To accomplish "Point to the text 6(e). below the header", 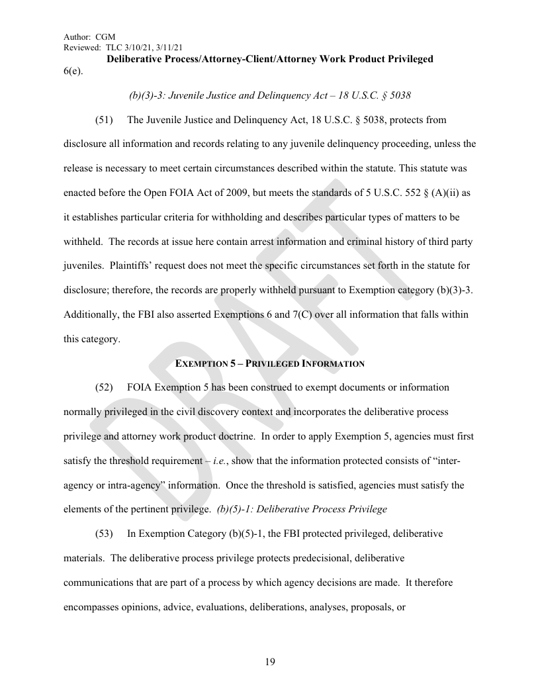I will pyautogui.click(x=73, y=71).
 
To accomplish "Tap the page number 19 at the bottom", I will pyautogui.click(x=270, y=662).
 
